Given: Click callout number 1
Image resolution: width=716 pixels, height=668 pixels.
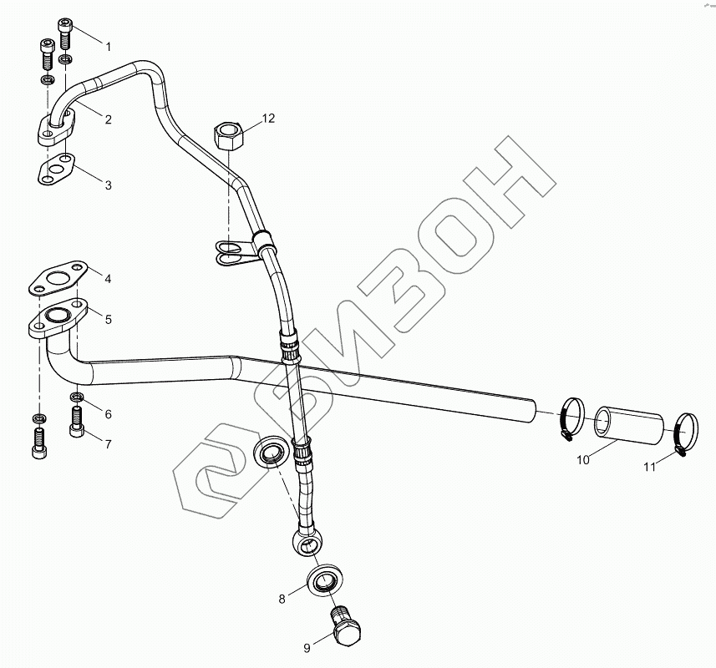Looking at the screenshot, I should (109, 43).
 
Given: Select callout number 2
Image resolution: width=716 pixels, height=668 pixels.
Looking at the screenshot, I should (109, 119).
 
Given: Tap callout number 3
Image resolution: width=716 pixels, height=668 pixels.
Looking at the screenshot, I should (109, 185).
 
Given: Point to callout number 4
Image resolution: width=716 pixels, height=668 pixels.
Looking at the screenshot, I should (109, 277).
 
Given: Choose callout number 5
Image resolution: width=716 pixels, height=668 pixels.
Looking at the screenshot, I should (109, 318).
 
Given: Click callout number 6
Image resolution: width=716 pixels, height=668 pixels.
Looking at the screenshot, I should (109, 414).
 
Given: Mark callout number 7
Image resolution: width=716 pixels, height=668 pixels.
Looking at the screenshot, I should (109, 443).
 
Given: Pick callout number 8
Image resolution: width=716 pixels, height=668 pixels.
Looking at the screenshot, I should (282, 598).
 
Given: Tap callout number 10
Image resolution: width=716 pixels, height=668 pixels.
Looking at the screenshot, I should (583, 458).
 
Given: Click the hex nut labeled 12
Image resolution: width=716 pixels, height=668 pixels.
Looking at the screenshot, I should (228, 134).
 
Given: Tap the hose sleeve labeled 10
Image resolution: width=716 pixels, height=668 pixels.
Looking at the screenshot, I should (628, 424).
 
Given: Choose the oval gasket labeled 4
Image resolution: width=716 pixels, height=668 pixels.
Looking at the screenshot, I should (58, 277).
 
